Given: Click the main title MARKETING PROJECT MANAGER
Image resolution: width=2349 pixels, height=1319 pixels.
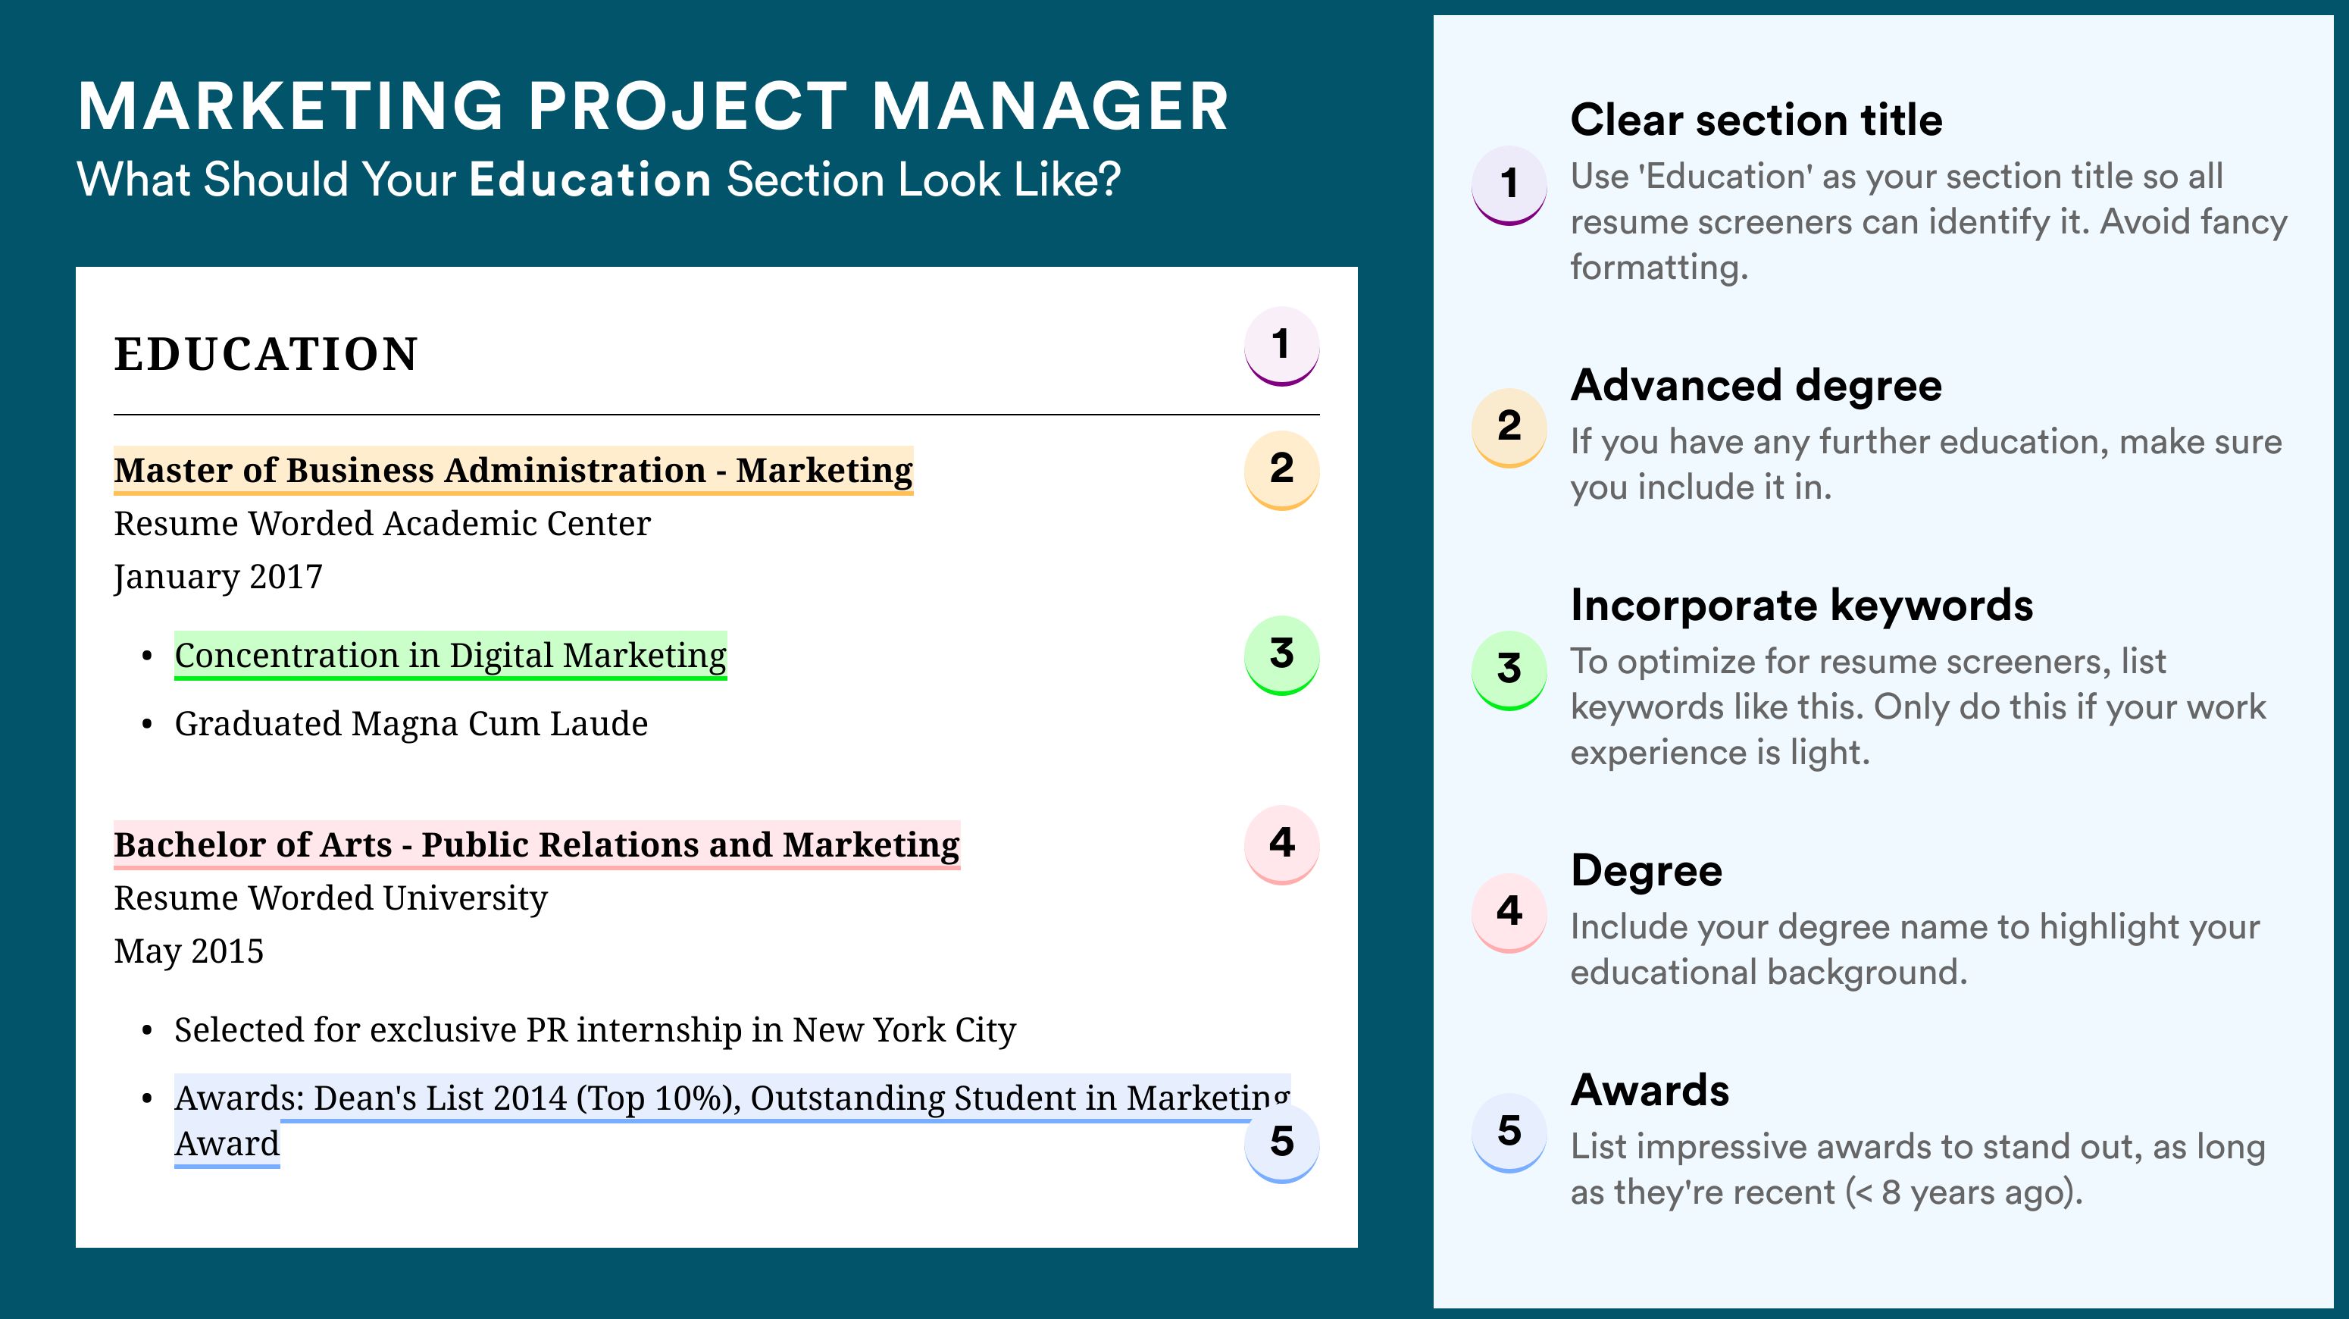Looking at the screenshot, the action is [653, 106].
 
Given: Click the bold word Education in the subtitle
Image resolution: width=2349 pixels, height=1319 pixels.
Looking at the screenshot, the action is [590, 179].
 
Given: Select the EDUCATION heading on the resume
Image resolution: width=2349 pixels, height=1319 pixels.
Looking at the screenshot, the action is [265, 354].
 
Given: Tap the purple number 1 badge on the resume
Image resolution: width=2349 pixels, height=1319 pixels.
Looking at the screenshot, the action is [1281, 346].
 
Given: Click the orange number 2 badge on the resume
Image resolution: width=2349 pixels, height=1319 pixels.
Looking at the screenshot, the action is [1281, 470].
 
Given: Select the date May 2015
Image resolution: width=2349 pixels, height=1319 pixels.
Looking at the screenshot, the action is [189, 951].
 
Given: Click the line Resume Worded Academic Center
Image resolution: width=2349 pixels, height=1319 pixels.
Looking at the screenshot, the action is [382, 524].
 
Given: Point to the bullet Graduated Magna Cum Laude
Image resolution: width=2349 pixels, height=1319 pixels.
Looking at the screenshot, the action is [411, 723].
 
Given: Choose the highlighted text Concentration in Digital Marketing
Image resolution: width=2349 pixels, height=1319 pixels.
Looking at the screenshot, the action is [450, 655].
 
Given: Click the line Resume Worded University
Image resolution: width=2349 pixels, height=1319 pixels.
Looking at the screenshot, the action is [330, 898].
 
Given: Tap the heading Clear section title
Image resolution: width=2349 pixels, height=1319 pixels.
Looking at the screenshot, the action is [1756, 120].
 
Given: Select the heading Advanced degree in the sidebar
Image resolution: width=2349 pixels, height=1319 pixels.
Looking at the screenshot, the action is [1756, 386].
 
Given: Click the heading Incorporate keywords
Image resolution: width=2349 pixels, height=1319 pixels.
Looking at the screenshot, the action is [1802, 606].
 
